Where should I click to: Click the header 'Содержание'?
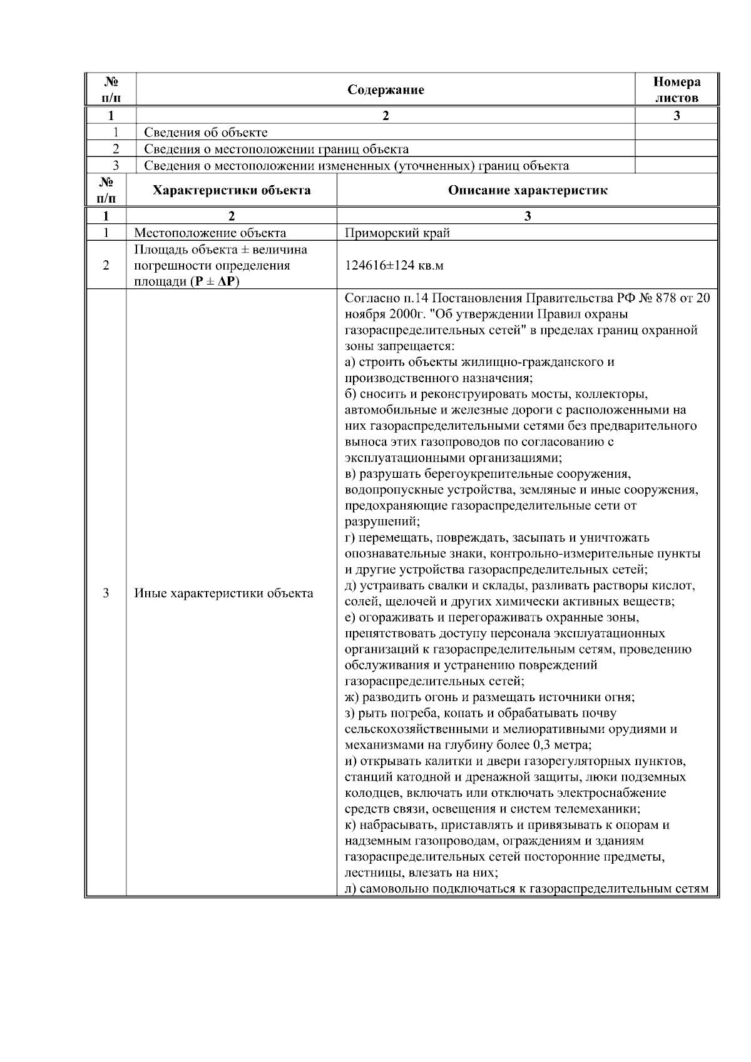tap(386, 90)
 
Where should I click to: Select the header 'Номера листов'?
tap(677, 90)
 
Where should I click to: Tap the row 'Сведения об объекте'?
tap(206, 133)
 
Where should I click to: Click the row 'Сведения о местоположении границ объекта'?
tap(276, 149)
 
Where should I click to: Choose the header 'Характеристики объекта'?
tap(232, 191)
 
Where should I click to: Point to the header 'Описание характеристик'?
tap(527, 191)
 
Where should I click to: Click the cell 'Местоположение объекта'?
tap(210, 233)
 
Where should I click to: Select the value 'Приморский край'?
tap(397, 233)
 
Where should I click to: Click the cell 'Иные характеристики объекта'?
tap(224, 593)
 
